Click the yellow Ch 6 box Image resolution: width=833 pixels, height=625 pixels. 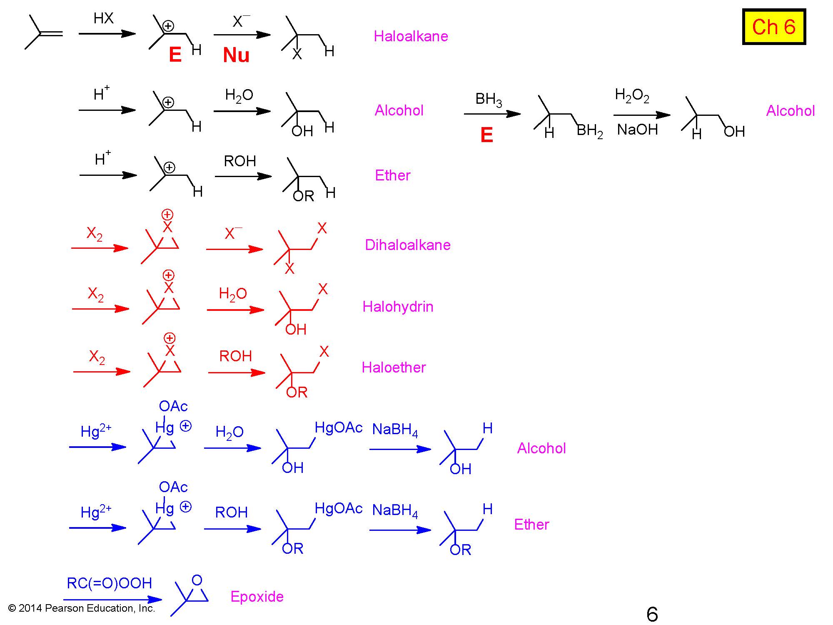[x=774, y=27]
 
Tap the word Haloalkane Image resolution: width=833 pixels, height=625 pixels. [x=411, y=36]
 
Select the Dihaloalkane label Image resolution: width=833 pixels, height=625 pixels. [x=407, y=245]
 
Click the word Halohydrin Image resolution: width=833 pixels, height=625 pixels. [x=398, y=307]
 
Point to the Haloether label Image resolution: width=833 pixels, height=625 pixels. [x=394, y=367]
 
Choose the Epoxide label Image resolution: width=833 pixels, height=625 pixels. [x=257, y=597]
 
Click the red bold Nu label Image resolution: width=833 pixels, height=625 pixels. [x=236, y=55]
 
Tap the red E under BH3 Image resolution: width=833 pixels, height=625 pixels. [x=486, y=135]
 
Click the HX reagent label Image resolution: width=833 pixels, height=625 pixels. [x=103, y=18]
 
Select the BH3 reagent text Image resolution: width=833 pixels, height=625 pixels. [x=489, y=100]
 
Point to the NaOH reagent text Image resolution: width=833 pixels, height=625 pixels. [x=637, y=130]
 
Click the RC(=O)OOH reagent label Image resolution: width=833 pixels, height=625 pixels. [x=109, y=583]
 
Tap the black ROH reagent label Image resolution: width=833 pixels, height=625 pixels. [x=240, y=161]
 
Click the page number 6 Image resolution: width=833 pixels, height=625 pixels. [x=652, y=614]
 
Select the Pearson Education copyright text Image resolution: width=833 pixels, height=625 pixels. [x=82, y=608]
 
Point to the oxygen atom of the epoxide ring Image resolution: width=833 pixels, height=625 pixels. [x=197, y=580]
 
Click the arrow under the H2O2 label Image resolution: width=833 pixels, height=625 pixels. [x=642, y=115]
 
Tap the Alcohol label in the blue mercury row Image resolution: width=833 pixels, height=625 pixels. [x=541, y=448]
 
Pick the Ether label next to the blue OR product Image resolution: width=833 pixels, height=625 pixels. [x=531, y=525]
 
